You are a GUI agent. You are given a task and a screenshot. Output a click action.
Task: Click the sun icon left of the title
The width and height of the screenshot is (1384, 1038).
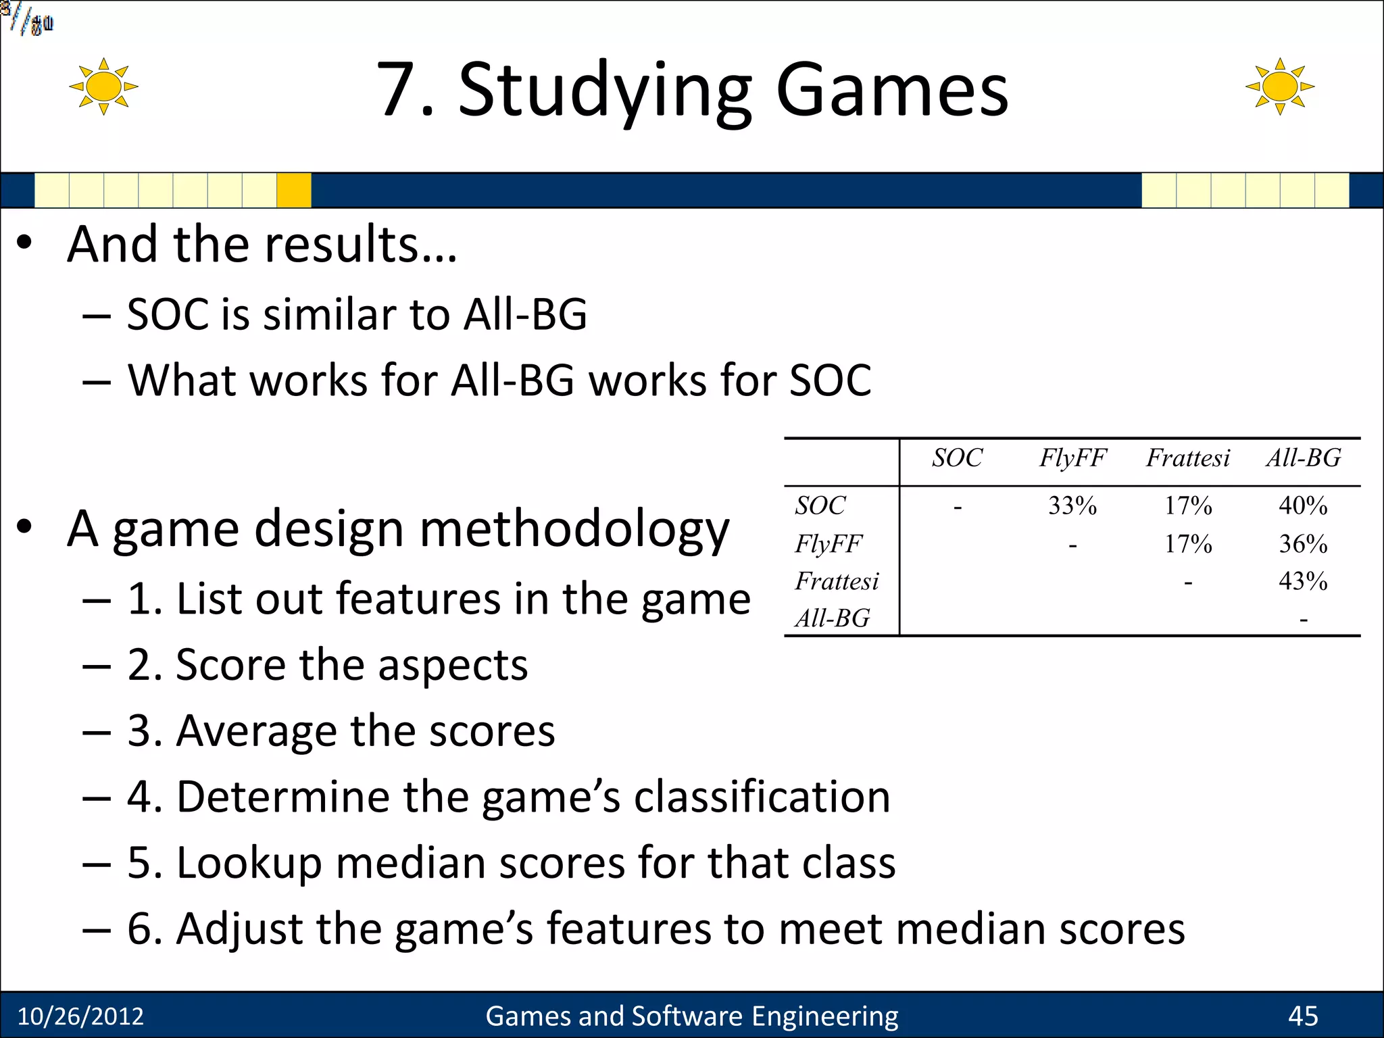[103, 86]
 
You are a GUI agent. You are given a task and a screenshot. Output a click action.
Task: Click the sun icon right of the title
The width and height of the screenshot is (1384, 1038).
[1279, 86]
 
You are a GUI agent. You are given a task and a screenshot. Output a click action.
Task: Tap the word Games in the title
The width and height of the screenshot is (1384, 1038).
[892, 91]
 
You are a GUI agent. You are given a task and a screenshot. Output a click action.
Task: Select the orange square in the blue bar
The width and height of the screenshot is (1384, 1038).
[294, 190]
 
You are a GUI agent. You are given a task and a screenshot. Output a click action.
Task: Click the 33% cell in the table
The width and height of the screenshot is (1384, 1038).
[1072, 505]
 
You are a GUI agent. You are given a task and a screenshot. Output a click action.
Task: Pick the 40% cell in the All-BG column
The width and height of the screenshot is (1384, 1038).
[1303, 505]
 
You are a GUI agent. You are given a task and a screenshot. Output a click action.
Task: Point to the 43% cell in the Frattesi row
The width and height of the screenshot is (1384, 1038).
[1303, 581]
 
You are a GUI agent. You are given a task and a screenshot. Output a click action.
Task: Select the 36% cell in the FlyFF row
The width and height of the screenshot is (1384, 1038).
[1303, 544]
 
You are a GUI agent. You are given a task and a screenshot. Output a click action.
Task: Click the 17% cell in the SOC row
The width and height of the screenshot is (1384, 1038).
[1188, 505]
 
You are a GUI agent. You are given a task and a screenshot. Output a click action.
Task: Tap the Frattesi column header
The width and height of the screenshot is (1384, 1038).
[1188, 458]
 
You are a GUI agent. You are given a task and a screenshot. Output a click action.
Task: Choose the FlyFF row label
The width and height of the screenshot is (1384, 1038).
[829, 544]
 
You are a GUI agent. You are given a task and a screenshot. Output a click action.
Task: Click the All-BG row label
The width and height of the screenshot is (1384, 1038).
[833, 618]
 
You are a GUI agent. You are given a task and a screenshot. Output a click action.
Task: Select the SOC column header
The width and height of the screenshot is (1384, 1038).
[957, 458]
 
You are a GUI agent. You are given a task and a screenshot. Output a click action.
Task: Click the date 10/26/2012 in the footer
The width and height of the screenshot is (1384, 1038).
[80, 1016]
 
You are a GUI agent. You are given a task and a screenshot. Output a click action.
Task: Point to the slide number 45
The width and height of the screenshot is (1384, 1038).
[1303, 1016]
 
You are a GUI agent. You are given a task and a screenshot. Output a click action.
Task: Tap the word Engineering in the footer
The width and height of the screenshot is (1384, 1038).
[824, 1016]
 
